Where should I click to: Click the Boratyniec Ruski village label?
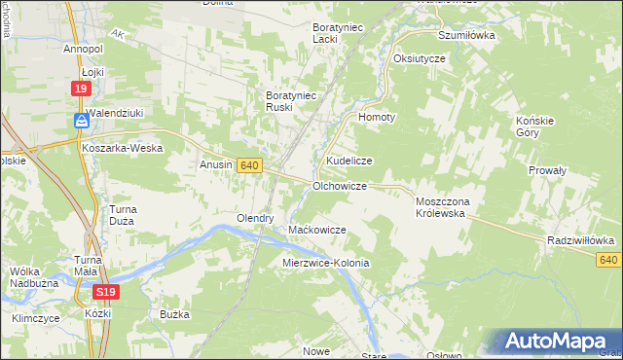click(289, 102)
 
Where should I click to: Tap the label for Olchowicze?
click(339, 185)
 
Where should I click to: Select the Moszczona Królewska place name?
click(443, 206)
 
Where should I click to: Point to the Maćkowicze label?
click(318, 230)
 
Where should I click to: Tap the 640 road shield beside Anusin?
click(248, 166)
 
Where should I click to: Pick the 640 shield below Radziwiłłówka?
click(608, 259)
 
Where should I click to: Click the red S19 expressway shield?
click(107, 292)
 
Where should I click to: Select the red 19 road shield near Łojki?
click(82, 89)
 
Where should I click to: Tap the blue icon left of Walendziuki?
click(81, 121)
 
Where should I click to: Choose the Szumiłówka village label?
click(466, 35)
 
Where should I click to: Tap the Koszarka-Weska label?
click(123, 148)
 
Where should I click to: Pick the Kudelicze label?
click(349, 161)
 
